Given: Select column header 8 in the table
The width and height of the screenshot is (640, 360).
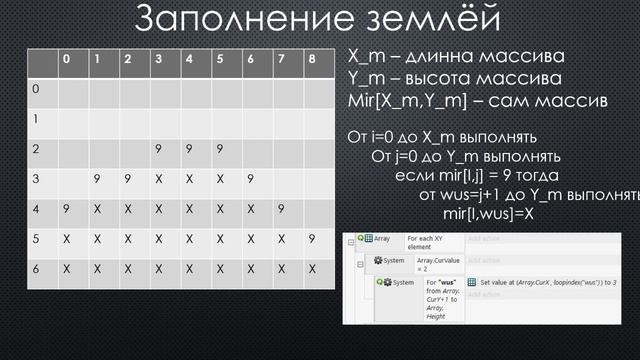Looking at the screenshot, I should pyautogui.click(x=312, y=59).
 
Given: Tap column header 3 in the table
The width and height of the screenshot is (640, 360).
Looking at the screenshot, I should pyautogui.click(x=158, y=59).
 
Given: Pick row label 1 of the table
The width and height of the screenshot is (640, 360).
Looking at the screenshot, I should pyautogui.click(x=37, y=118).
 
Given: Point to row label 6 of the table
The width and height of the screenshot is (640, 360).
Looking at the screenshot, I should pyautogui.click(x=37, y=270).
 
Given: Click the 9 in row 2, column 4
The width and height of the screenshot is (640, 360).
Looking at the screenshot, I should pyautogui.click(x=189, y=149).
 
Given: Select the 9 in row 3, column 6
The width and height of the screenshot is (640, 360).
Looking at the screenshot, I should pyautogui.click(x=250, y=179).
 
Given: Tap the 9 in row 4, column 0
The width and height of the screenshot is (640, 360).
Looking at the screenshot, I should pyautogui.click(x=66, y=209).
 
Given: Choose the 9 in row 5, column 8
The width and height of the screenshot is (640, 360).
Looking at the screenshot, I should pyautogui.click(x=312, y=239).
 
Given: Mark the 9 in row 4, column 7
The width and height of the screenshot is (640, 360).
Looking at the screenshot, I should pyautogui.click(x=281, y=209).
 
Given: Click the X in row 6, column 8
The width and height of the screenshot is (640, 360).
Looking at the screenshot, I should pyautogui.click(x=312, y=270).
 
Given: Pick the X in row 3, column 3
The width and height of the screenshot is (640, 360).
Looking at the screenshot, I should pyautogui.click(x=158, y=179).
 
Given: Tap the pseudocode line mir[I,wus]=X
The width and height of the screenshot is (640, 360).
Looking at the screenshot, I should pyautogui.click(x=489, y=213).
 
